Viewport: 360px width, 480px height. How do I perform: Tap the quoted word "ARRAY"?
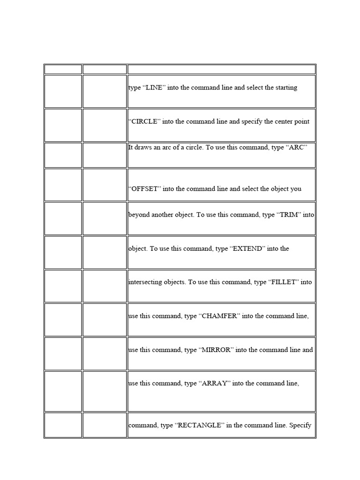215,384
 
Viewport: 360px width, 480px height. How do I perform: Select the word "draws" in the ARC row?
143,148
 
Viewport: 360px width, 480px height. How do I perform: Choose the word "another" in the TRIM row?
165,215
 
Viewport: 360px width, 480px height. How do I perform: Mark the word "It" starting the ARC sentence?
131,148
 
